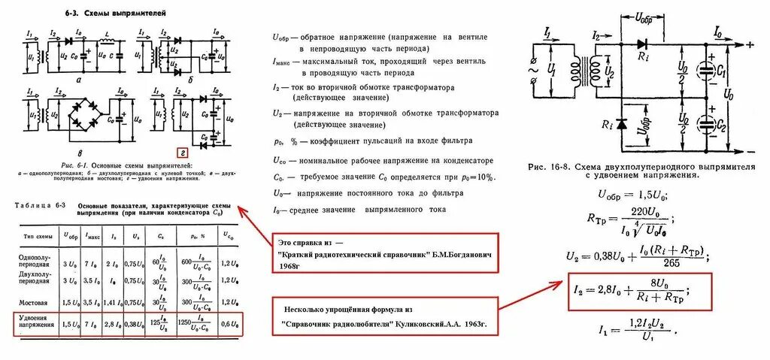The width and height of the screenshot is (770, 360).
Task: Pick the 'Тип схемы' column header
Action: (38, 235)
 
